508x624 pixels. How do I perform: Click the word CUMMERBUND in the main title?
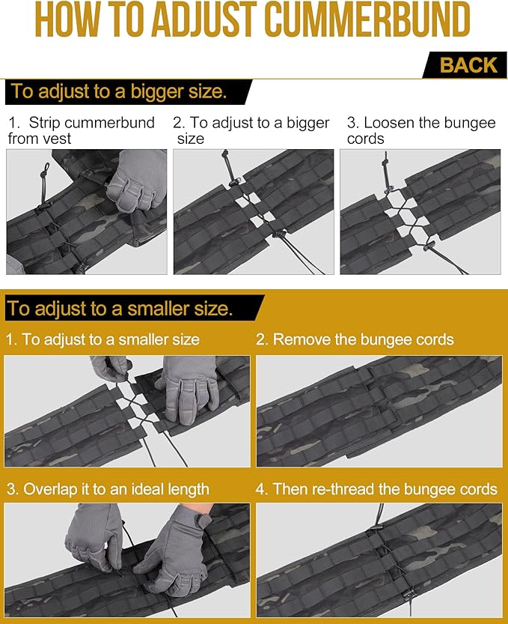(367, 20)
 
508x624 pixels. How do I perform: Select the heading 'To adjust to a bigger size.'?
(118, 91)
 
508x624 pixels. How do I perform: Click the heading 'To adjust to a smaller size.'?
(120, 309)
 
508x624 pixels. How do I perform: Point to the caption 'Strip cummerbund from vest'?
(81, 130)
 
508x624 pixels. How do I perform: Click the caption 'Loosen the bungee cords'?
(421, 130)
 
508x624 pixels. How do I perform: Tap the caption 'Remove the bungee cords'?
(355, 339)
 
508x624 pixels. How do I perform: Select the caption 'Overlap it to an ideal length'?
(108, 489)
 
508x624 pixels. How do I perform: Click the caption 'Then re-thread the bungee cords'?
(376, 489)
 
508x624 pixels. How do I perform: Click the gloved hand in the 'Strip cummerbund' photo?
(137, 180)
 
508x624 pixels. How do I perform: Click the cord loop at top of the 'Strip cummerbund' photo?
(45, 175)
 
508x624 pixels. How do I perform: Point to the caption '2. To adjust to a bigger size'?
(251, 130)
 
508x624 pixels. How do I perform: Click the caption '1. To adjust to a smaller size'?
(102, 339)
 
